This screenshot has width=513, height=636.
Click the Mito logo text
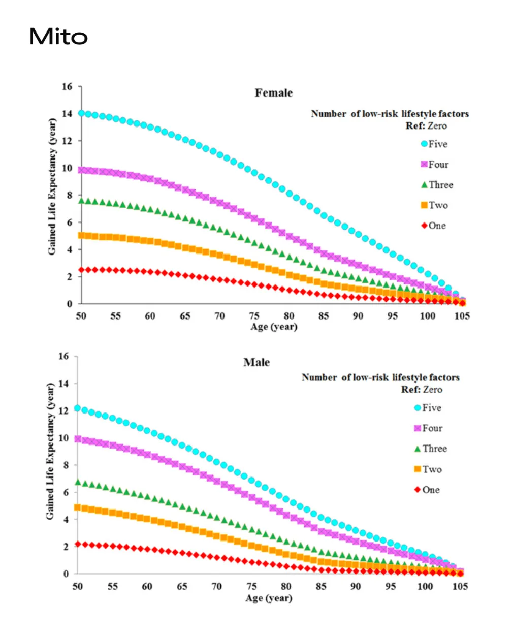(58, 37)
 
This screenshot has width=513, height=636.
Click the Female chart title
(274, 93)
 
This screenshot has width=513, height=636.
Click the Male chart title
(256, 362)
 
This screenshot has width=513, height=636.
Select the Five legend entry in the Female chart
(435, 144)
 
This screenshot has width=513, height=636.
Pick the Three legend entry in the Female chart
(437, 185)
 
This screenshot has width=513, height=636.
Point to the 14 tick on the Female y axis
(67, 114)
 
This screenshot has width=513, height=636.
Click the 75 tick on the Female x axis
(254, 316)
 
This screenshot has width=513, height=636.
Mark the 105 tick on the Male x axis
(460, 586)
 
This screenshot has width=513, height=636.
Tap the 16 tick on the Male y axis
(63, 356)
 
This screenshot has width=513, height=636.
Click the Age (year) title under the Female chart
(274, 327)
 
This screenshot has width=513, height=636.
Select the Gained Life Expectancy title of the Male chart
(50, 451)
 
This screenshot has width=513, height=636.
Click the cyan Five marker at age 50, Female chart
(82, 113)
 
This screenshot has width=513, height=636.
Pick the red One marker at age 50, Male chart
(78, 544)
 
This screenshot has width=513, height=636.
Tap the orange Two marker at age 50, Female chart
(82, 235)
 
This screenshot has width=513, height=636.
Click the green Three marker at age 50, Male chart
(78, 482)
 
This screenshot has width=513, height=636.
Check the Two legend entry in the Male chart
(428, 469)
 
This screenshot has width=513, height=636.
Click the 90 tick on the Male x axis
(356, 586)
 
